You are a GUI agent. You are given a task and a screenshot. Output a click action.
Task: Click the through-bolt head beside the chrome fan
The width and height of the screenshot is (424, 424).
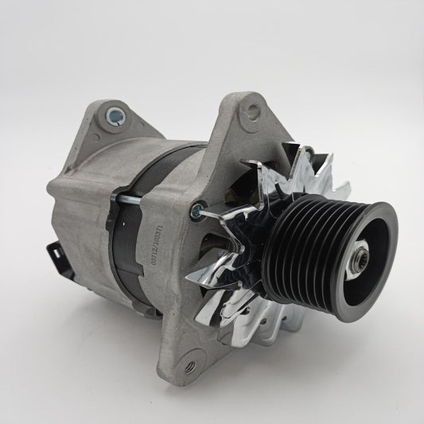pos(193,211)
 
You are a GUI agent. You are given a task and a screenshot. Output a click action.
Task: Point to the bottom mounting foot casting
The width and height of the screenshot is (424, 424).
pos(191,350)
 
